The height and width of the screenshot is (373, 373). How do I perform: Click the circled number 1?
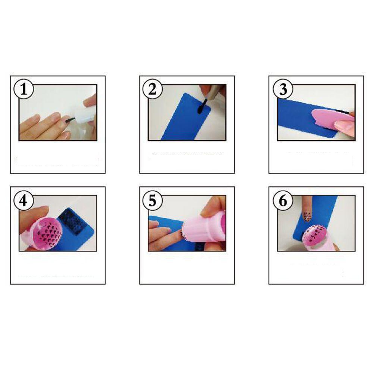tap(23, 90)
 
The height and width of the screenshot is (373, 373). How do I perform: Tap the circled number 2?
tap(153, 90)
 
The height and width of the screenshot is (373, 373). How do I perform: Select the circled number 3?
tap(283, 90)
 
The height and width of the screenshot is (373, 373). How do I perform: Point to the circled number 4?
tap(23, 201)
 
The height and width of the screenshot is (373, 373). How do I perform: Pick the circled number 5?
tap(153, 201)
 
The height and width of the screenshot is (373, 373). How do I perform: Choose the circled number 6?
tap(283, 201)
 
